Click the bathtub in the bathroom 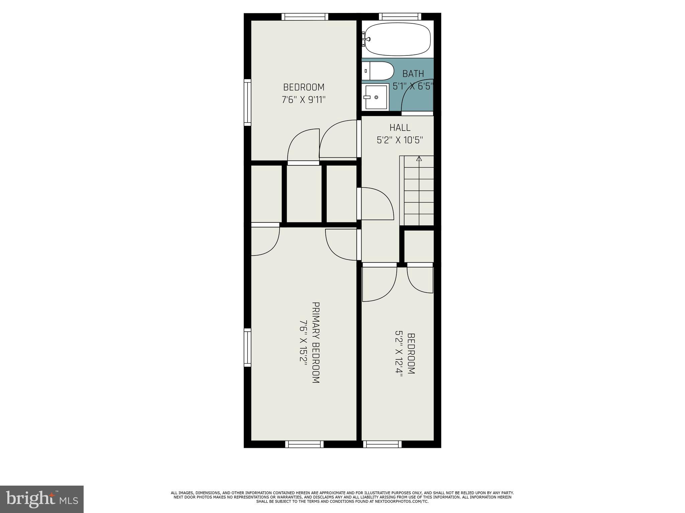pos(398,39)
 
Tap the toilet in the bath pos(378,71)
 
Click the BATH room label pos(413,74)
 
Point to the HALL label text pos(400,128)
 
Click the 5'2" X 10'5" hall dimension pos(400,140)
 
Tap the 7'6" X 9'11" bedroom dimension pos(304,100)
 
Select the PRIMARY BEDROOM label pos(316,343)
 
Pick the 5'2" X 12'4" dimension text pos(399,353)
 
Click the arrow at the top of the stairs pos(419,158)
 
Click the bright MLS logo pos(42,499)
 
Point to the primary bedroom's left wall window pos(247,347)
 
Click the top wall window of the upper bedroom pos(304,17)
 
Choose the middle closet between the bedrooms pos(304,194)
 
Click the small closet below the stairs pos(419,246)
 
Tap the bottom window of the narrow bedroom pos(382,444)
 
